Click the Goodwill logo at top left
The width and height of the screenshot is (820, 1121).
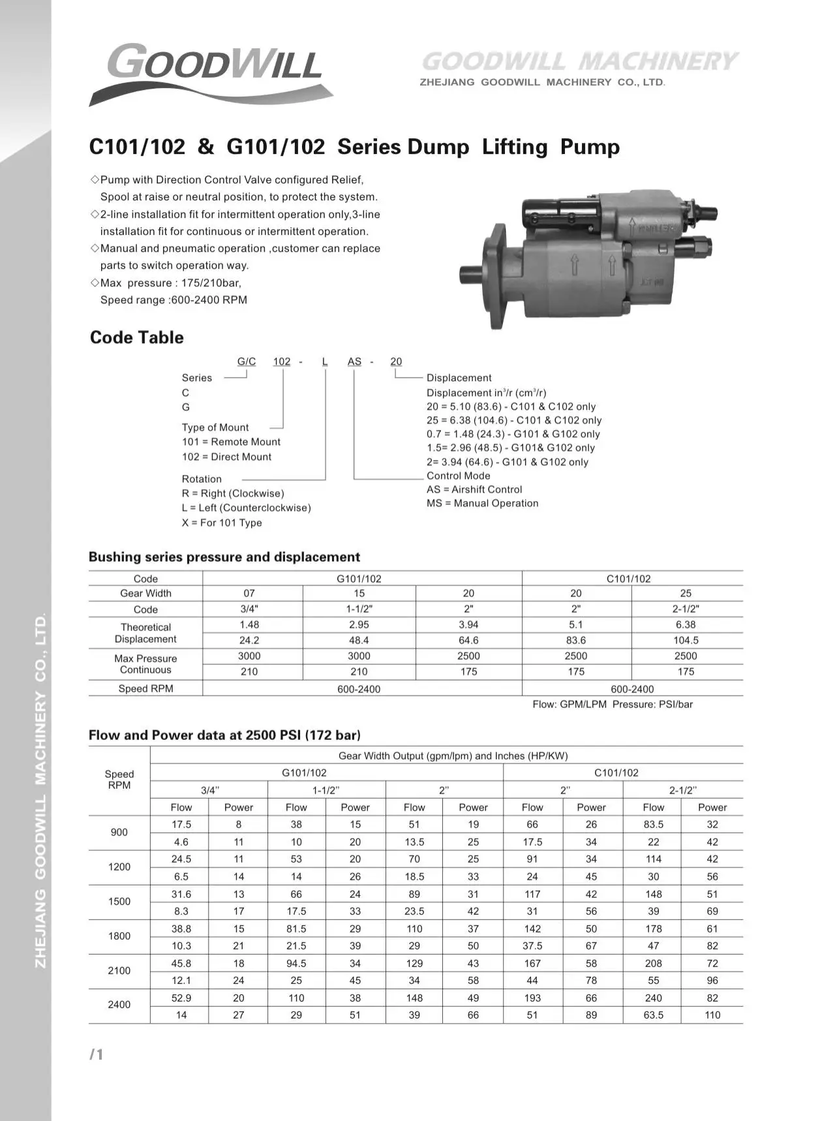[212, 71]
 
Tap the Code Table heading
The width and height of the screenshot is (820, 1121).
[137, 337]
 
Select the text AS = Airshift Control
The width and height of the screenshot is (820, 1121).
[474, 489]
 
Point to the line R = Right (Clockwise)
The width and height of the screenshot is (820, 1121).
[233, 493]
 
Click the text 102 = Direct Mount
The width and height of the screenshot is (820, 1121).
[226, 457]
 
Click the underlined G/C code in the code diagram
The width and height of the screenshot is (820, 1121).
[246, 361]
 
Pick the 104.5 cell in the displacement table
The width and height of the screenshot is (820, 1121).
[686, 640]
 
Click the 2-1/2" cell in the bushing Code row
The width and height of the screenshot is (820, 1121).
[686, 609]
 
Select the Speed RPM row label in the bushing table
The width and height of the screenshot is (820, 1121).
[145, 688]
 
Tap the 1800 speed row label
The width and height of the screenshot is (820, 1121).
[119, 936]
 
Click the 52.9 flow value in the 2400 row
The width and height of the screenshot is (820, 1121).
[181, 998]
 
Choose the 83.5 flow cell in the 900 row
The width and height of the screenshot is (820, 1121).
[653, 824]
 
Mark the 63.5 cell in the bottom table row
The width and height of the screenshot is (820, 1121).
[653, 1015]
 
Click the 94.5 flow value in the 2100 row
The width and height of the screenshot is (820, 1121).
[296, 963]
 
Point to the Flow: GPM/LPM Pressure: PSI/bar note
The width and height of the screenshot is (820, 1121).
[613, 704]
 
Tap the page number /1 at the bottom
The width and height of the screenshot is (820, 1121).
[97, 1054]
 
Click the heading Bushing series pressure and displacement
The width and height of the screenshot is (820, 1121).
[224, 557]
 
